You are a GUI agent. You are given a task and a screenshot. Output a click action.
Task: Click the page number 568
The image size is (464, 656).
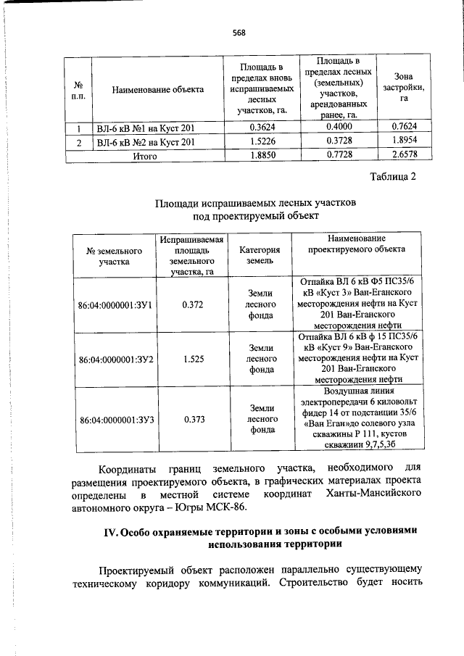point(239,32)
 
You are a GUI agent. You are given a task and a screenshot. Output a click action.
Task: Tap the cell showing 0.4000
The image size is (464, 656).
point(339,128)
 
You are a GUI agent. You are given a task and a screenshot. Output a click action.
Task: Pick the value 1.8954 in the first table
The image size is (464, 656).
point(403,142)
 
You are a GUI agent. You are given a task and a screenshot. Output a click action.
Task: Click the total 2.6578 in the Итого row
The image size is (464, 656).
point(403,155)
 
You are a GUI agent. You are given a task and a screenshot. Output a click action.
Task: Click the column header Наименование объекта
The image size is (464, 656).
point(157,90)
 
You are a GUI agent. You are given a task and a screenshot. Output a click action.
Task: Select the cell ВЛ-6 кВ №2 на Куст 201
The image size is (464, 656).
point(146,142)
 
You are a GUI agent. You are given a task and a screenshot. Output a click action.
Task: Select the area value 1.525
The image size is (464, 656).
point(193,359)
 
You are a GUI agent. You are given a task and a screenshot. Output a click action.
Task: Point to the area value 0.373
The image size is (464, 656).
point(193,419)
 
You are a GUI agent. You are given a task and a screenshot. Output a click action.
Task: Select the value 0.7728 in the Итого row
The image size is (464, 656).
point(339,155)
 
